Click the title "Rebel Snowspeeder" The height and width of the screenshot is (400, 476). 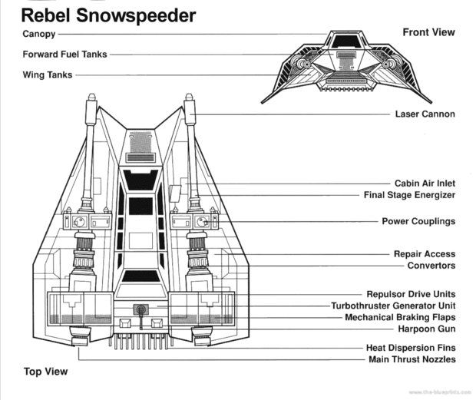coord(108,15)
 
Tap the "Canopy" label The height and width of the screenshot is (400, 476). coord(39,34)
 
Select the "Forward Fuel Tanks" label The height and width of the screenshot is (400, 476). coord(65,54)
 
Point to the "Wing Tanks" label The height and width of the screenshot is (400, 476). coord(48,75)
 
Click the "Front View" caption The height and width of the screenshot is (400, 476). coord(428,32)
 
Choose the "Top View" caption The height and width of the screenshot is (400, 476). coord(45,372)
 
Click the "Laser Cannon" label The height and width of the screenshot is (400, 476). coord(425,114)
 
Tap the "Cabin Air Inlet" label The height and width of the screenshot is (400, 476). coord(425,183)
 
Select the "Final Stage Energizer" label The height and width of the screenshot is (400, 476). coord(409,195)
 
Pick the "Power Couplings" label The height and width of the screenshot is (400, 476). coord(418,221)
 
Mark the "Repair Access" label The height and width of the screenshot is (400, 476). coord(425,253)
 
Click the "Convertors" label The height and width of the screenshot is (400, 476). coord(431,266)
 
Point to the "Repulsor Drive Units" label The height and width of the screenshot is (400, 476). coord(411,294)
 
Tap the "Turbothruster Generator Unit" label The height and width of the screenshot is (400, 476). coord(393,306)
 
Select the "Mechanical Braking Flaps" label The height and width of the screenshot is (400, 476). coord(400,317)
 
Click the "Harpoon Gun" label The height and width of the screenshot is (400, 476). coord(427,329)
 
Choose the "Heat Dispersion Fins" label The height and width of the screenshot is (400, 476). coord(411,348)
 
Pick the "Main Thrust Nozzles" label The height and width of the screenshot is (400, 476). coord(412,359)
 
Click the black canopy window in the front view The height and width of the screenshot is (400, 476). coord(346,41)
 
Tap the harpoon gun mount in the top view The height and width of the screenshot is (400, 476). coord(140,309)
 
